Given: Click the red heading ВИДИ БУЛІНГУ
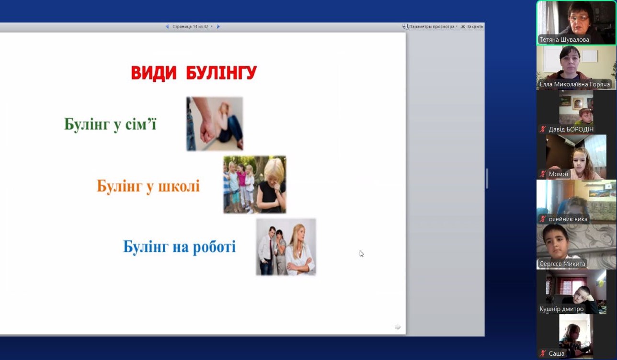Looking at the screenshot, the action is point(194,73).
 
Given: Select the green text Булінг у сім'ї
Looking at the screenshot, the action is point(110,124).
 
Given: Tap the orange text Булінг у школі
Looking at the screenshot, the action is point(148,186).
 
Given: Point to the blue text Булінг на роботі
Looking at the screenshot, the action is point(179,247).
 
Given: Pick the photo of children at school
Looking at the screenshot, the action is point(255,185).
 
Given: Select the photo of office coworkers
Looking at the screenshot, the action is point(286,247).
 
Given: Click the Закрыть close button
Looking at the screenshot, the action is point(472,27).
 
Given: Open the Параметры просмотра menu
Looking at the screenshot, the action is point(430,27).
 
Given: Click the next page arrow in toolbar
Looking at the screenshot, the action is point(218,26).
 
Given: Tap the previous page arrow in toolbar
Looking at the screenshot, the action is point(167,26).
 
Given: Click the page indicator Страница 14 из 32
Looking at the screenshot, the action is point(190,27).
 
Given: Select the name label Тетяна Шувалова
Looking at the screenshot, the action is point(564,40).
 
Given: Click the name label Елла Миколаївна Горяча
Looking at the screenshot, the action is point(574,84).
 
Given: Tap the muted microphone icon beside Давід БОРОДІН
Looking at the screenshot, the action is point(543,129).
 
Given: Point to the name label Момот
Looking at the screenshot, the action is point(559,174).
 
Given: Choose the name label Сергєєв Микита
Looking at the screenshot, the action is point(562,264).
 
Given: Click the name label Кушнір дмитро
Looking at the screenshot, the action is point(561,309).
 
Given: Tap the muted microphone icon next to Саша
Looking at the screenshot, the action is point(543,353).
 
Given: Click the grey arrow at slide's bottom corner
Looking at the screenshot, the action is point(398,326).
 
